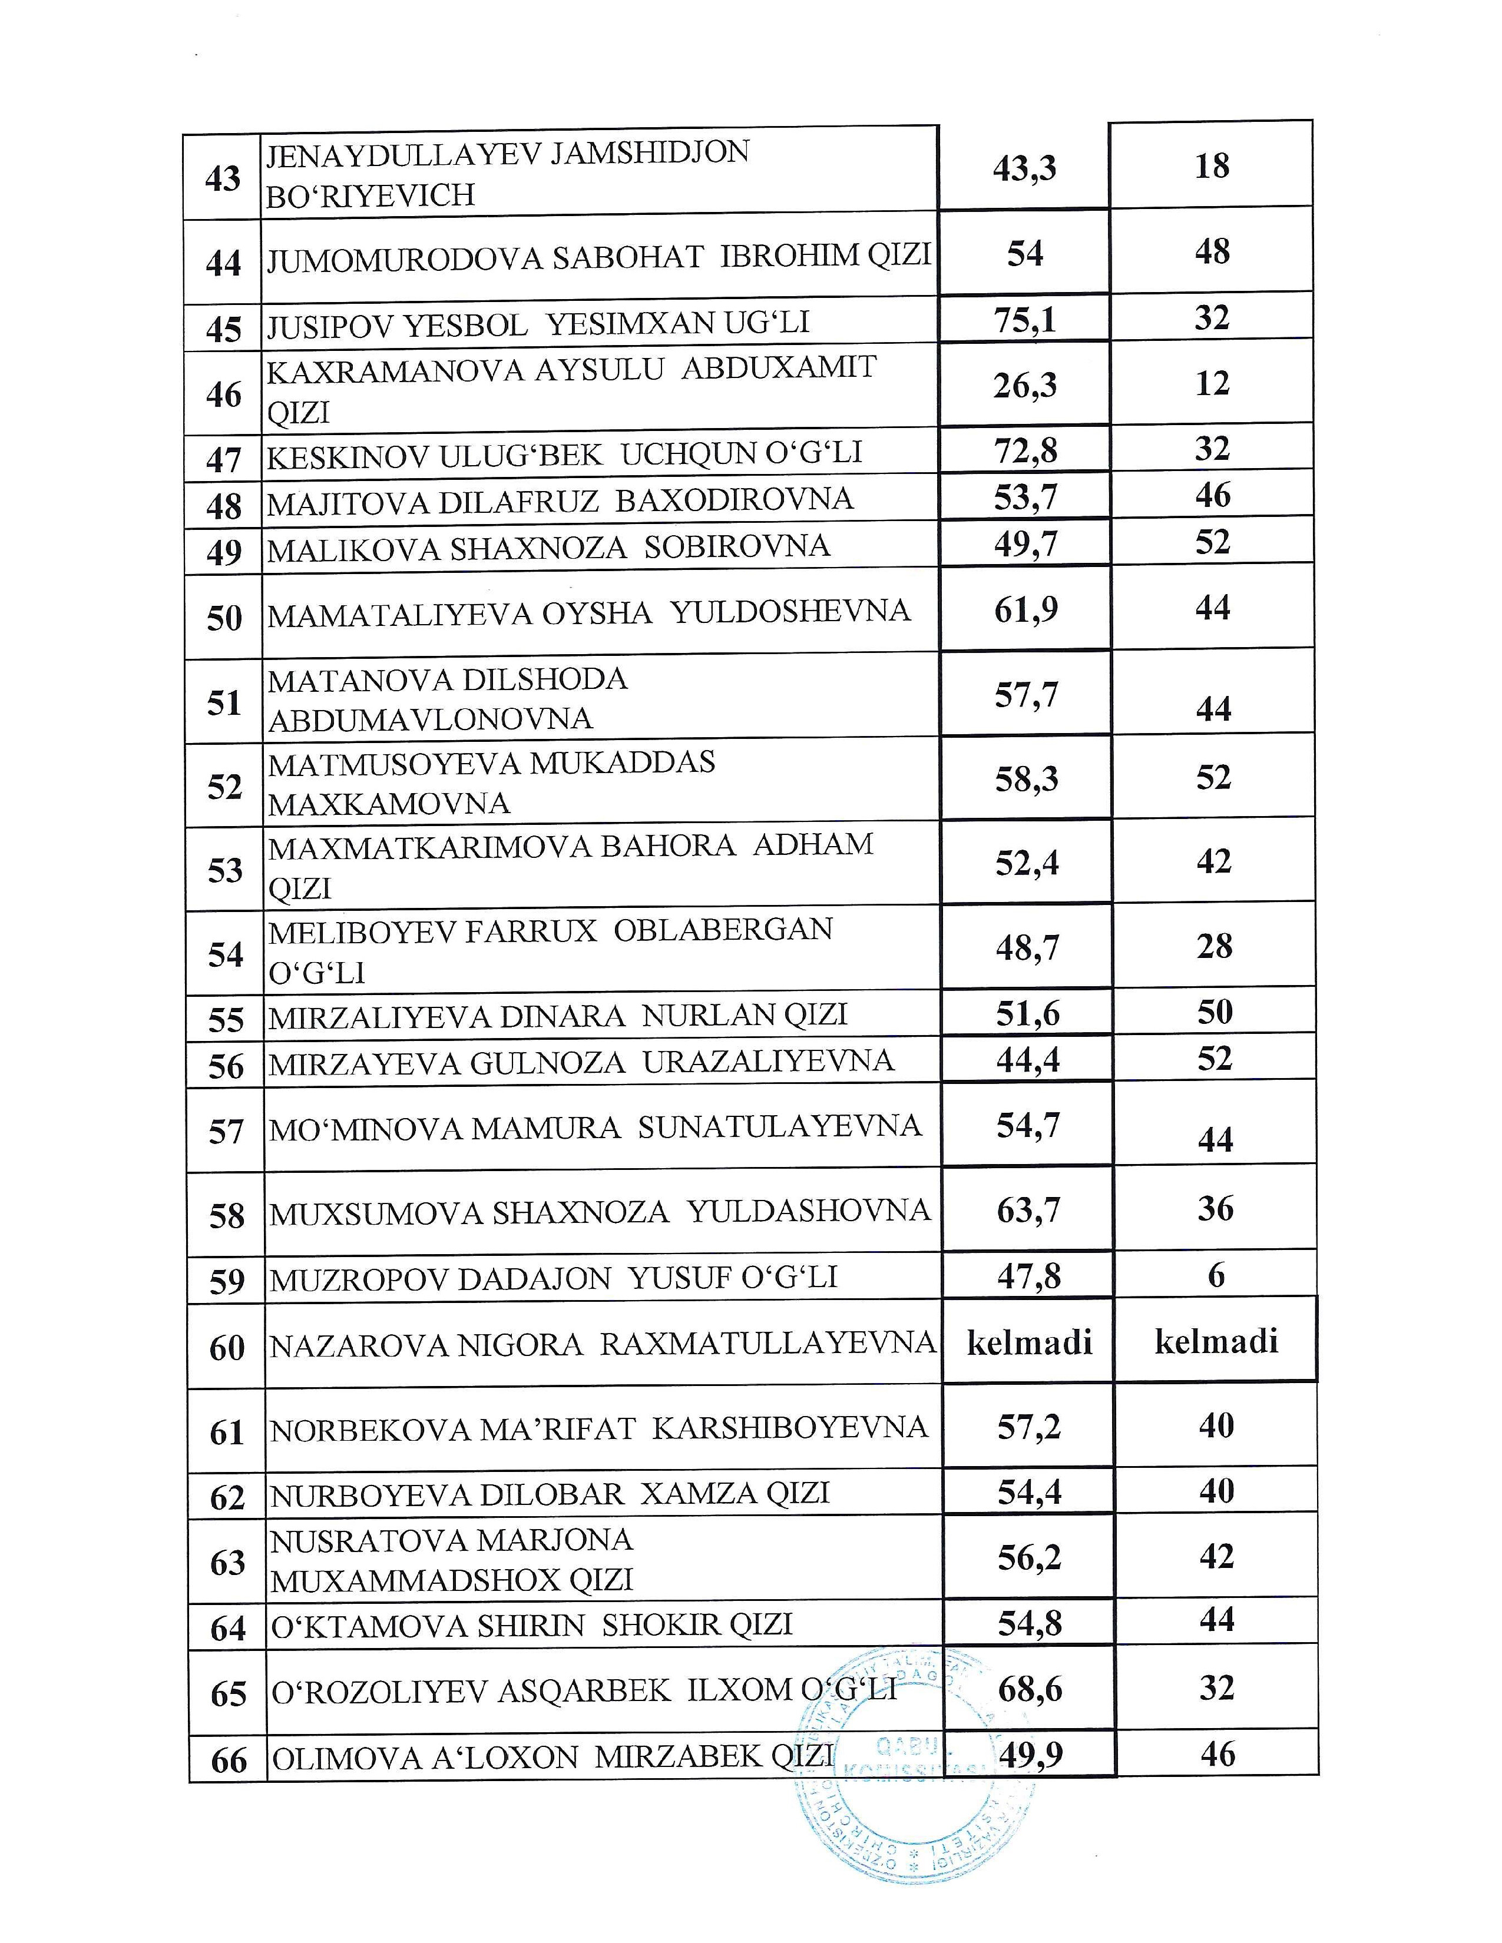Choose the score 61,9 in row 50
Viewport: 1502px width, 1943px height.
point(1026,611)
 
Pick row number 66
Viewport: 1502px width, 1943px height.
point(229,1760)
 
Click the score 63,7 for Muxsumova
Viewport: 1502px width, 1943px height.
point(1028,1211)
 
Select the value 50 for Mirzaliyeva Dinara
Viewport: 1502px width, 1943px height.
point(1215,1012)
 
